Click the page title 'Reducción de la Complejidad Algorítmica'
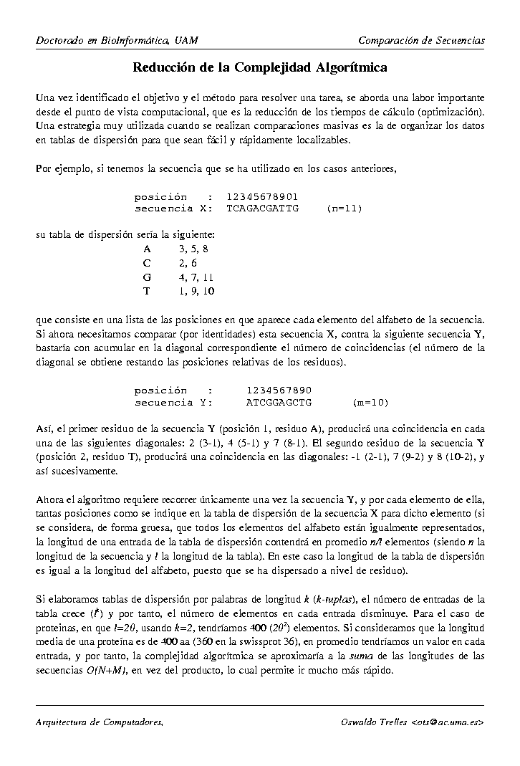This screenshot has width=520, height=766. [x=260, y=68]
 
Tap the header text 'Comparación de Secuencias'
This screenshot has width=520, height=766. [x=421, y=40]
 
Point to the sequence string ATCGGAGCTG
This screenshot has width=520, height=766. [x=279, y=402]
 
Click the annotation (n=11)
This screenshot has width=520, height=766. [x=344, y=209]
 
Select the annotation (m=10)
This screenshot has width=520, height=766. [x=371, y=402]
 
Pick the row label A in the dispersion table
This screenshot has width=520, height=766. [x=147, y=249]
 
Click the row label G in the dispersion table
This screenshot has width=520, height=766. [x=148, y=277]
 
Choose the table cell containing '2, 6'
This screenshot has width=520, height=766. [x=188, y=263]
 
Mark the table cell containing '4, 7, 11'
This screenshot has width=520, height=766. [x=196, y=277]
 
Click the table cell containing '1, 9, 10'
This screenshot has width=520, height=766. [x=196, y=291]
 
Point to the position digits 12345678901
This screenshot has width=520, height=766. [x=262, y=197]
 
